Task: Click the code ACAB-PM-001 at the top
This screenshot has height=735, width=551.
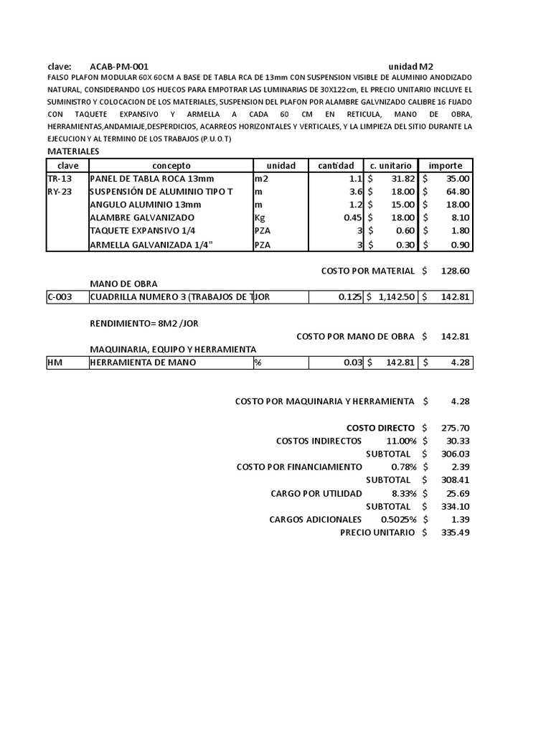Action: click(x=119, y=65)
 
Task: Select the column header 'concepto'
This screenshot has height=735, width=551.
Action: click(x=171, y=166)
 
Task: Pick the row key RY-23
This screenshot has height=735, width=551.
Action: click(x=60, y=192)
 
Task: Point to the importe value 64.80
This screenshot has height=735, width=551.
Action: click(x=456, y=192)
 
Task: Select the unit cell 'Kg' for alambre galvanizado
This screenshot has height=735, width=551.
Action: click(x=260, y=217)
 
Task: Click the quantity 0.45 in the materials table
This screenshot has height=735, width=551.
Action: click(x=352, y=217)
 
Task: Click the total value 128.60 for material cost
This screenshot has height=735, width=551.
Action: click(x=454, y=271)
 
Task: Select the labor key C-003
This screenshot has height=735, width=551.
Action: click(x=60, y=297)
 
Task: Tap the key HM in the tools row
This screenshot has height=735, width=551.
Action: click(x=55, y=362)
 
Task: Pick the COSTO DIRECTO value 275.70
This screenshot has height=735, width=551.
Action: click(x=454, y=428)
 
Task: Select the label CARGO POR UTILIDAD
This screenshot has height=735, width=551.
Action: click(x=316, y=493)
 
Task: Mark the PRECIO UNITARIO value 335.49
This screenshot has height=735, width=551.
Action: click(x=454, y=533)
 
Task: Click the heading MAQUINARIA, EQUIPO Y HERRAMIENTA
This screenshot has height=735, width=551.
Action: click(x=173, y=349)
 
